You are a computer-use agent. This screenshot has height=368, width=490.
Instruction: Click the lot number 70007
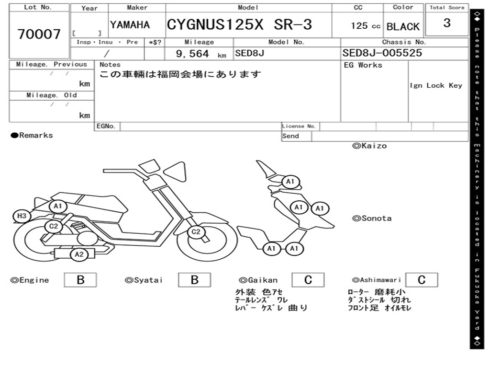pyautogui.click(x=39, y=34)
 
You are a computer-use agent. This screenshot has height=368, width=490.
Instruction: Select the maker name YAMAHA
pyautogui.click(x=130, y=25)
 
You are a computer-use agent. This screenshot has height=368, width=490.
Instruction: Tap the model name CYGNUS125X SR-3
pyautogui.click(x=239, y=24)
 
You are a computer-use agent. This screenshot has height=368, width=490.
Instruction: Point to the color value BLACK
pyautogui.click(x=403, y=27)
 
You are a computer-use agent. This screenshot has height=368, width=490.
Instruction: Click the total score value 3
pyautogui.click(x=447, y=23)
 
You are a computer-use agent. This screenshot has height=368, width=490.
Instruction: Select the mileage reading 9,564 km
pyautogui.click(x=201, y=54)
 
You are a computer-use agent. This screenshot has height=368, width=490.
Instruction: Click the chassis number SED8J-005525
pyautogui.click(x=382, y=53)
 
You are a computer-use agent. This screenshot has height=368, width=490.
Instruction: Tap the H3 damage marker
pyautogui.click(x=22, y=216)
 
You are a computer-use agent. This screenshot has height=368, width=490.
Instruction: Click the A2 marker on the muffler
pyautogui.click(x=79, y=254)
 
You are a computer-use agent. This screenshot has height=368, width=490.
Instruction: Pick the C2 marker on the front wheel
pyautogui.click(x=196, y=232)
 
